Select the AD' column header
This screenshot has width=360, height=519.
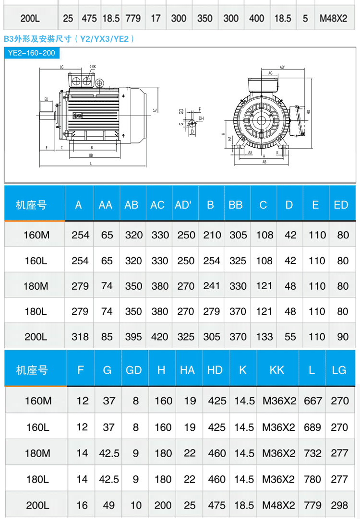point(183,205)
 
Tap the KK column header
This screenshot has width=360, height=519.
point(277,370)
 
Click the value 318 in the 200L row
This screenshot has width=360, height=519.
point(80,337)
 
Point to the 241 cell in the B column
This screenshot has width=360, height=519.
point(212,286)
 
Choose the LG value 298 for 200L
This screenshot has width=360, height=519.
point(340,505)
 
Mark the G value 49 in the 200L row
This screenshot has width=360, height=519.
point(109,505)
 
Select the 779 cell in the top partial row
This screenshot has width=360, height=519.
point(133,19)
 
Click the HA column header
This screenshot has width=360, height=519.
point(187,370)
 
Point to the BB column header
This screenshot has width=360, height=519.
point(236,205)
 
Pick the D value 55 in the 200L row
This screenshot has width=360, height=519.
point(290,337)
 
